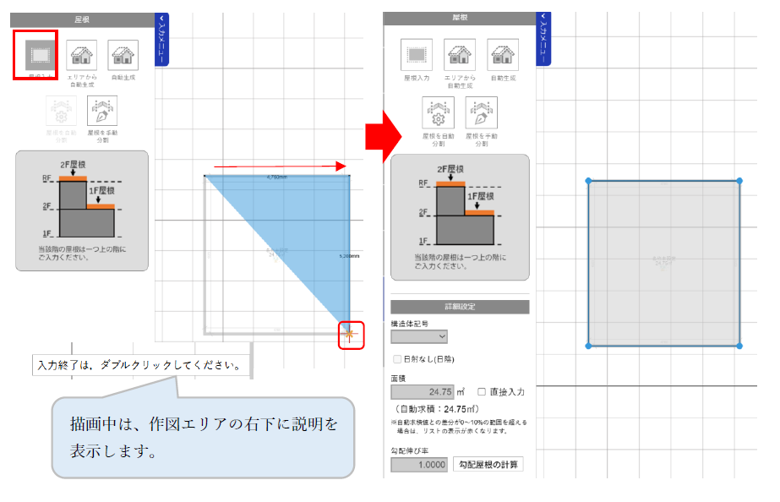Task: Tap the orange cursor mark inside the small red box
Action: coord(350,336)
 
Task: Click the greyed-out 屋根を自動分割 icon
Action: coord(61,112)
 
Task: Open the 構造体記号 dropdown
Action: coord(419,336)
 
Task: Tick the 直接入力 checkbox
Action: coord(482,391)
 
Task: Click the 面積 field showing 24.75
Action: coord(423,392)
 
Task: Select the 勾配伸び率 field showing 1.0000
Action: coord(420,464)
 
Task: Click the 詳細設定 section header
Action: coord(460,307)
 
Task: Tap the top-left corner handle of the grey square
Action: coord(588,181)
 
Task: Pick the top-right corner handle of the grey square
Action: coord(739,181)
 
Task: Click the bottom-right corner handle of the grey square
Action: coord(739,346)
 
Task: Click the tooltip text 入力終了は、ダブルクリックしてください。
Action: coord(144,367)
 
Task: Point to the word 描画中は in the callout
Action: coord(97,423)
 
